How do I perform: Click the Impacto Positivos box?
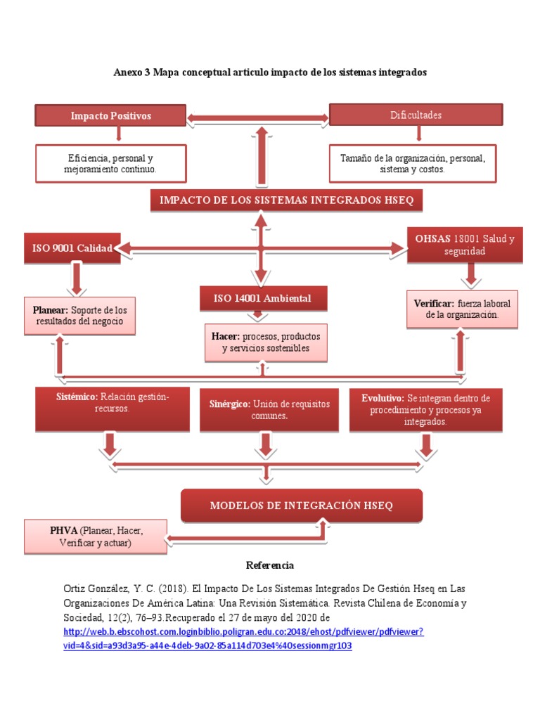[110, 115]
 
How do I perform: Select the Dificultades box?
[416, 115]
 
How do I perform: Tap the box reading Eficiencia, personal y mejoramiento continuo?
[110, 163]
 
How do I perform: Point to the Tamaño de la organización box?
[413, 163]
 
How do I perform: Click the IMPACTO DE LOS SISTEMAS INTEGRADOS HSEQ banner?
[287, 200]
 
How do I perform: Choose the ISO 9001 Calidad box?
[72, 248]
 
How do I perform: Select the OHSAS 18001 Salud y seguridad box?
[465, 245]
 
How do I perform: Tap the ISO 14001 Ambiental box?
[263, 298]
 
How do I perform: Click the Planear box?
[80, 316]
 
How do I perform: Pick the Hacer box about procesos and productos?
[266, 342]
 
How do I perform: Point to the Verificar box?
[462, 309]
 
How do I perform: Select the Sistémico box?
[112, 409]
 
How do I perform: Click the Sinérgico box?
[269, 410]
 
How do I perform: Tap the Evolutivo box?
[425, 410]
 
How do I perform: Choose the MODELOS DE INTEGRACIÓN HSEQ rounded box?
[302, 505]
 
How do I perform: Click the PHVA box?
[96, 536]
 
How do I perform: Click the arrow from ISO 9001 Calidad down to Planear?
[76, 279]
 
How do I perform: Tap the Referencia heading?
[270, 565]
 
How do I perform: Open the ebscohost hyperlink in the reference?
[243, 638]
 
